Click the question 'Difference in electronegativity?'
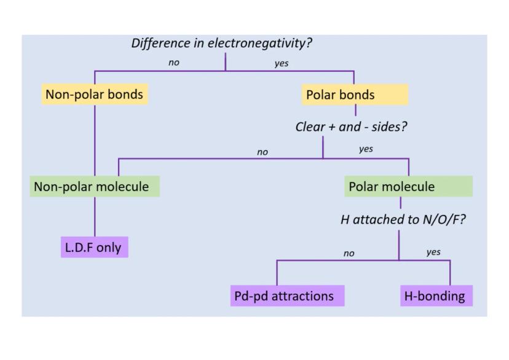226,44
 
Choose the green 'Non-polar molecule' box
95,186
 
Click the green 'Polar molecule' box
408,186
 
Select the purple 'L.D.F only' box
94,248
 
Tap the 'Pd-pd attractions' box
286,296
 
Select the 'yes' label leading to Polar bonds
282,63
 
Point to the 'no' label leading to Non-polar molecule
262,152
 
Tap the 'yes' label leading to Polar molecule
366,149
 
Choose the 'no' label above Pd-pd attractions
349,252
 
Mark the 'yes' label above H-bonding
433,252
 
